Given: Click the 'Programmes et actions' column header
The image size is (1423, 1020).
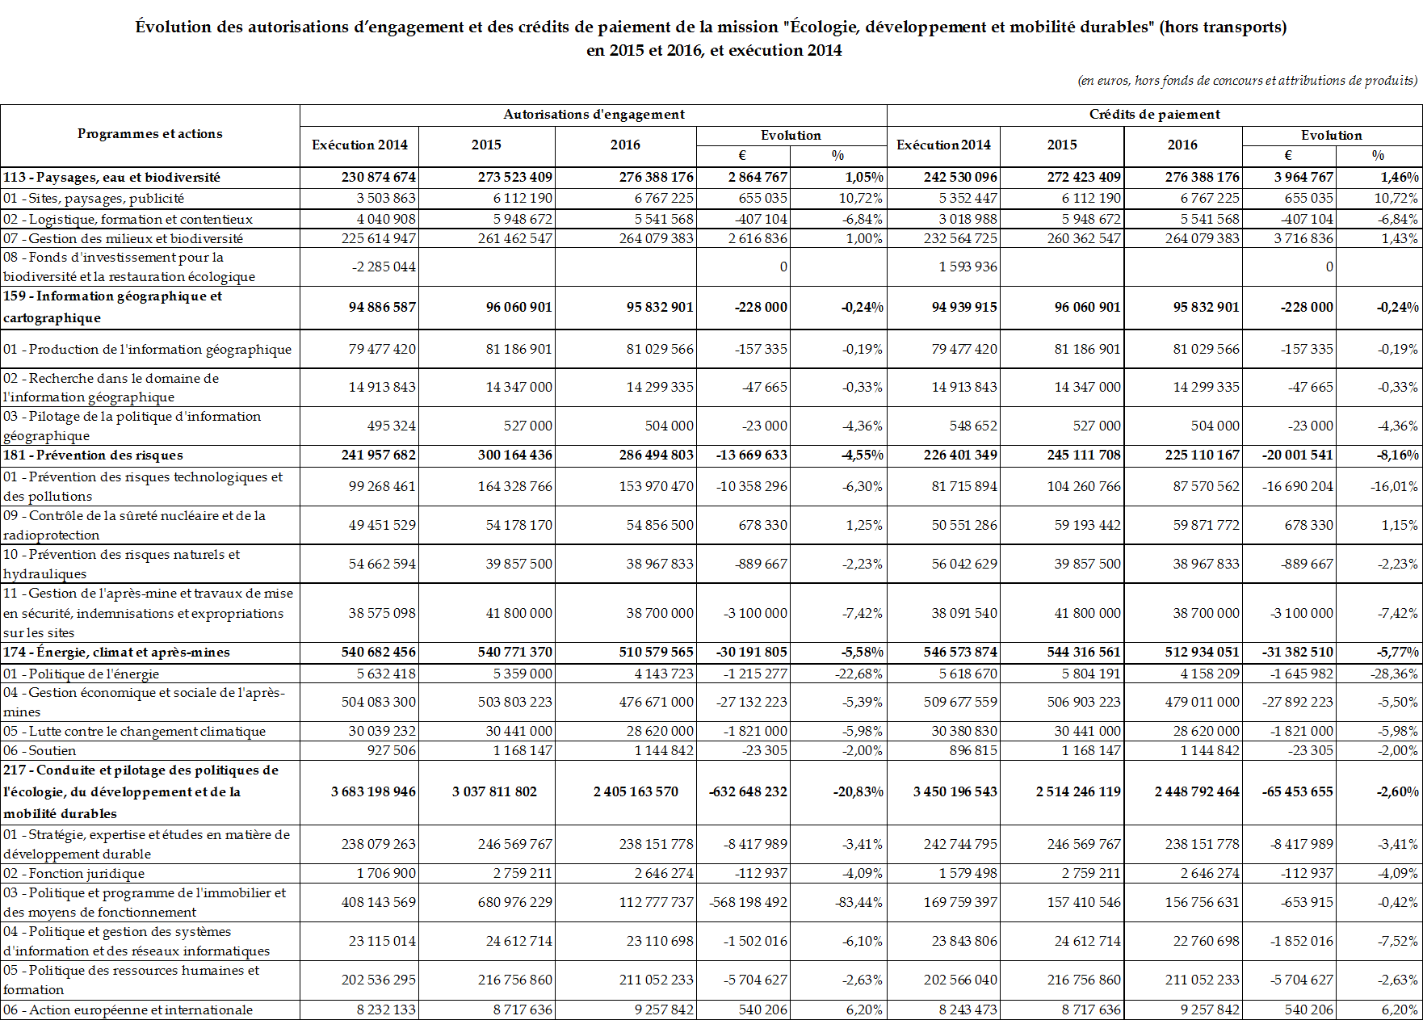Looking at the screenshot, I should pos(149,134).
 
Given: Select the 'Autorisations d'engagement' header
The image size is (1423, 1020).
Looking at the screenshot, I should pos(594,115).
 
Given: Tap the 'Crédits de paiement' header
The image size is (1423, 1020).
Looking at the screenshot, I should pos(1154,115).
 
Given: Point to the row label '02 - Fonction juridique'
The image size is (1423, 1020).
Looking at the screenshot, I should pos(74,873).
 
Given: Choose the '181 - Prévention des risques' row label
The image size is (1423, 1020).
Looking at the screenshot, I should pos(93,455).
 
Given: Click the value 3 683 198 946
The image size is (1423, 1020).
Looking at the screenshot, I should pos(373,791).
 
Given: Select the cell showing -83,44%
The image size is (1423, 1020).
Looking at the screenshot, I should pos(858,902).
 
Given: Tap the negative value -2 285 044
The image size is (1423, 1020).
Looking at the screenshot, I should pos(384,267).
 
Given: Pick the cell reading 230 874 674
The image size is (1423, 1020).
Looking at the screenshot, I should pos(378,177).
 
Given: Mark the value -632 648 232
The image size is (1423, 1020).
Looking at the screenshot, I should pos(748,791).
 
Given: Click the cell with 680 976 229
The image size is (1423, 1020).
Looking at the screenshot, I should pos(514,902).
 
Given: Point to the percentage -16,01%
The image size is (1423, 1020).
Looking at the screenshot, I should pos(1394,486).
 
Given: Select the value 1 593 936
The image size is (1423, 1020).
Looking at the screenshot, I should pos(968,267).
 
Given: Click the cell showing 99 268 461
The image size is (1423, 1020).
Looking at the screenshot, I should pos(382,486).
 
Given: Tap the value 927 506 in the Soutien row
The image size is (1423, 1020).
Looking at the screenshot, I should pos(391,750).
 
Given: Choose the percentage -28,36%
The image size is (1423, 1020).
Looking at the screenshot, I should pos(1394,674).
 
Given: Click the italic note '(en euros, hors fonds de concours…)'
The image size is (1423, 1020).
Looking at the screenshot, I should pos(1247,81).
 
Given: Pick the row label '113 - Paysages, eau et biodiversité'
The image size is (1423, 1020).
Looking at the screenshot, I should pos(111,177).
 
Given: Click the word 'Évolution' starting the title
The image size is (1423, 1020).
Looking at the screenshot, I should pos(173,27).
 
